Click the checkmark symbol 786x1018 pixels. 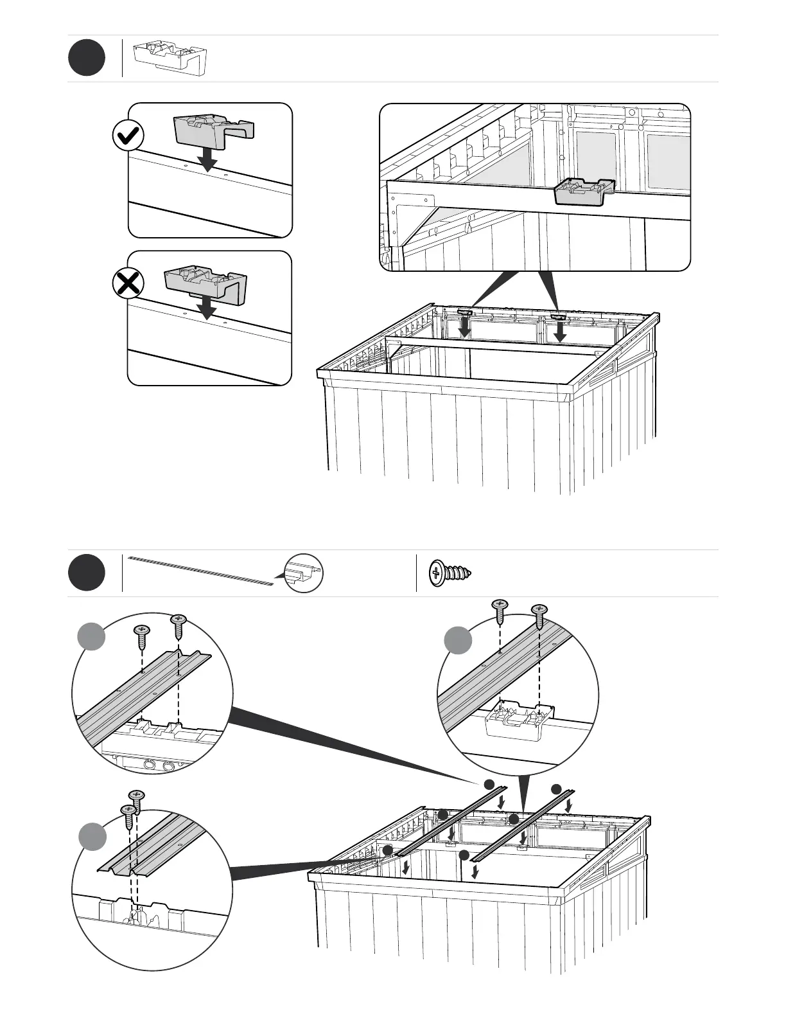128,136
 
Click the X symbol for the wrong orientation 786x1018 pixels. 128,283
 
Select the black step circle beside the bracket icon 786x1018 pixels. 87,58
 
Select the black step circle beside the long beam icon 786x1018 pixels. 87,572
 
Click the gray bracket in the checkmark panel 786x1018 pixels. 214,129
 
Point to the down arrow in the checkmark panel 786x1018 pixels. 207,159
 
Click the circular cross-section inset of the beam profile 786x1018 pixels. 303,573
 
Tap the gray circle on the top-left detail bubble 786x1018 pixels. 91,636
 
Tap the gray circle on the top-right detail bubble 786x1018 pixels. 458,641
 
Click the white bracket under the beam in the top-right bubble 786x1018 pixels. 520,722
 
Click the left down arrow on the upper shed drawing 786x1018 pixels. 464,329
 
